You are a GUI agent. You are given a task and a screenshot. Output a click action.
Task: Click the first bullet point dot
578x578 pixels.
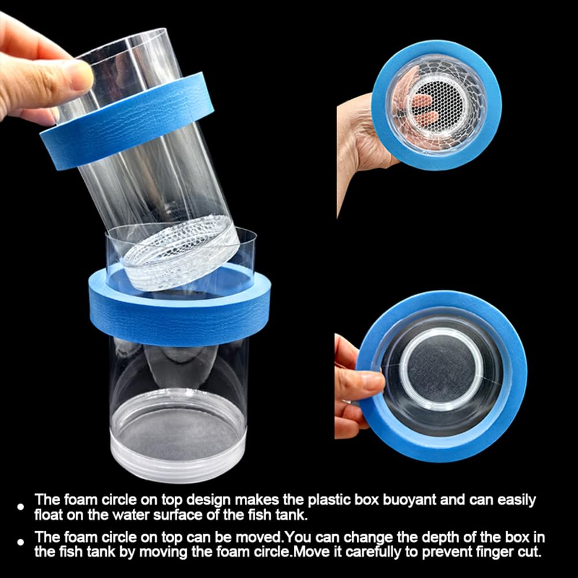coord(21,507)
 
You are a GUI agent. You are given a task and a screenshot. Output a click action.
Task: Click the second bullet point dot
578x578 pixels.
coord(21,543)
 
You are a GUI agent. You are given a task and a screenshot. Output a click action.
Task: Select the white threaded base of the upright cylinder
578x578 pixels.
coord(179,456)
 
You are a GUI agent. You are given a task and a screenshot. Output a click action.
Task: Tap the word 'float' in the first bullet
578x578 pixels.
coord(49,514)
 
